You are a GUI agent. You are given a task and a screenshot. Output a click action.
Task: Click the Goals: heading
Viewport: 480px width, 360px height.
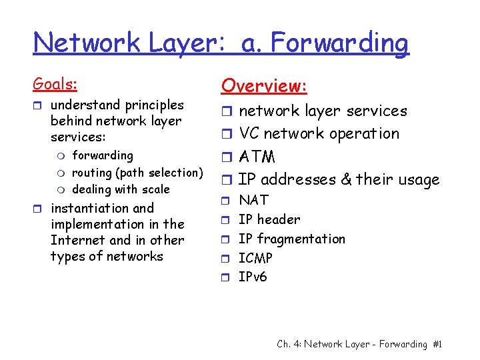point(55,85)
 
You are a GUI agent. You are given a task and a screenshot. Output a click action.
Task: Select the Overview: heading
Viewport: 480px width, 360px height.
point(264,86)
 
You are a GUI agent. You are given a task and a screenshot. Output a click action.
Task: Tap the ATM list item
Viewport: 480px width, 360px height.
point(257,157)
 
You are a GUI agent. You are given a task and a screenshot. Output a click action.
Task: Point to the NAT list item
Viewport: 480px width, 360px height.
point(253,200)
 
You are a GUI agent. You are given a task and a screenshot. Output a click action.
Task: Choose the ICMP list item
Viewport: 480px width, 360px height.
point(255,258)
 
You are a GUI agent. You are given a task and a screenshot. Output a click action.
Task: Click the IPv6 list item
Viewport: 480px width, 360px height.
point(253,277)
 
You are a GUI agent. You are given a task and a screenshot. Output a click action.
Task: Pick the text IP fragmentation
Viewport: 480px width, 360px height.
point(292,239)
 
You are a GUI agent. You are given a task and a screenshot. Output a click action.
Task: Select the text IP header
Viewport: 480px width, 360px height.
point(269,219)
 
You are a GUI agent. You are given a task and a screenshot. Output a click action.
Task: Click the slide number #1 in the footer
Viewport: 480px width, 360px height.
point(437,344)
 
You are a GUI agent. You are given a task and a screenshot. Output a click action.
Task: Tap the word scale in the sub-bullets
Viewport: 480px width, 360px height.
point(155,189)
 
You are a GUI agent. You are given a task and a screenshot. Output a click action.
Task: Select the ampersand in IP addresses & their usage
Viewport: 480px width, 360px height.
point(346,179)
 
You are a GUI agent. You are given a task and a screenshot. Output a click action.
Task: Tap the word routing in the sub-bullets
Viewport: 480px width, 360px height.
point(92,173)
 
